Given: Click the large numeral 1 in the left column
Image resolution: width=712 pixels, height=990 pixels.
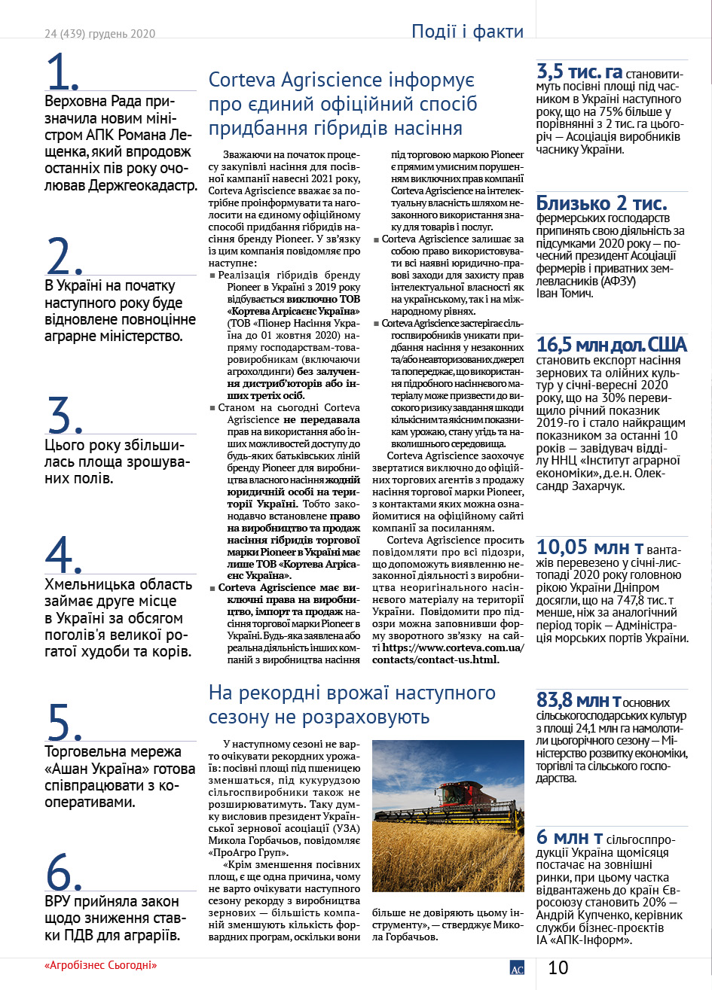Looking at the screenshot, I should [x=63, y=72].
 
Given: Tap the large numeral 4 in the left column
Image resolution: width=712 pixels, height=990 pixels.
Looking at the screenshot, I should [x=63, y=556].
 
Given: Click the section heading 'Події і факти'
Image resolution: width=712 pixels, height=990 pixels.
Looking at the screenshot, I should [x=467, y=32].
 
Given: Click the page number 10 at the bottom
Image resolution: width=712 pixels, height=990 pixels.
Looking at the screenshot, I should [x=558, y=967].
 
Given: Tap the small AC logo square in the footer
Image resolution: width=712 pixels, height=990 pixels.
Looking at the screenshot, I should [x=517, y=968].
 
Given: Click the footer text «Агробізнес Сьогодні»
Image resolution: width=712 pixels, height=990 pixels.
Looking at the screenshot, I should [x=105, y=965].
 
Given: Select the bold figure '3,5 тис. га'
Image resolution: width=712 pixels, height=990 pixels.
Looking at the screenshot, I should [x=579, y=72].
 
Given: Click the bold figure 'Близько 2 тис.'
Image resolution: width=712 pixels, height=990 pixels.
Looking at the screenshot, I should [x=601, y=203].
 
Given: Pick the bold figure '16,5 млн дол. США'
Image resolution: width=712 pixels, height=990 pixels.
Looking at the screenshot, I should [x=611, y=345].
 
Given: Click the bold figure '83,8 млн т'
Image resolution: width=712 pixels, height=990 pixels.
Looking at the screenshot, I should [x=579, y=700].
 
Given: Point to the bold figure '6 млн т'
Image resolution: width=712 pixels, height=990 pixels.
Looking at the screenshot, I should [x=569, y=838].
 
